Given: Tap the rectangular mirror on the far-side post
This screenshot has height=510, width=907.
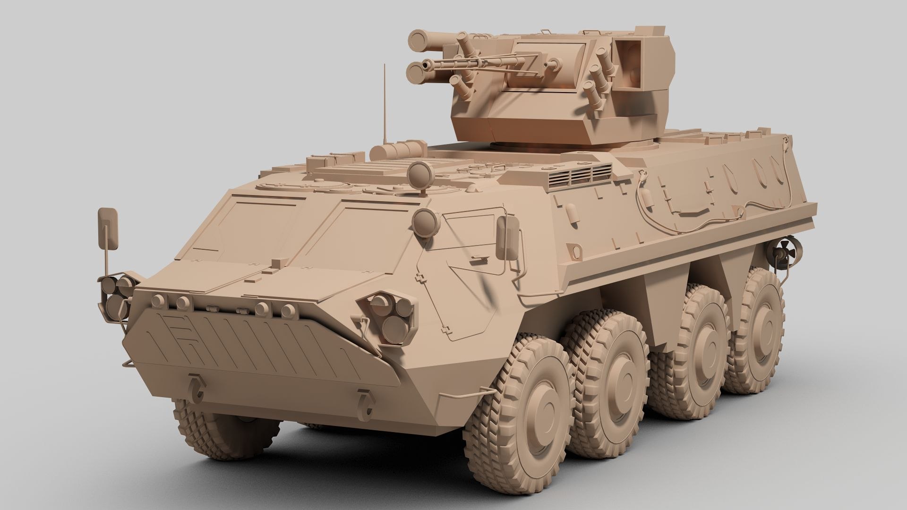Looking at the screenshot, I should pos(108,227).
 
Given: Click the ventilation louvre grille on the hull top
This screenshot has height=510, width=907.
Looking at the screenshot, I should pos(581,175).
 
